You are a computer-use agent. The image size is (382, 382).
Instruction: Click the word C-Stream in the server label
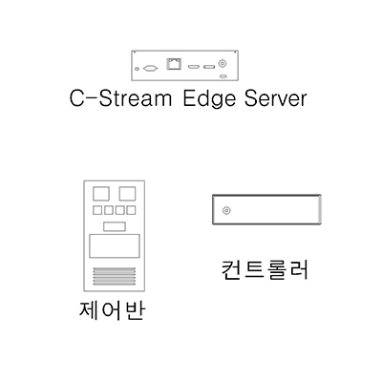click(120, 98)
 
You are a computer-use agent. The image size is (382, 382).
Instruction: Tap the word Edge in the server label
click(209, 99)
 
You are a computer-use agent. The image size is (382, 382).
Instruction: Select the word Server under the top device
click(275, 99)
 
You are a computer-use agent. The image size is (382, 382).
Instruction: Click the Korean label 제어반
click(112, 310)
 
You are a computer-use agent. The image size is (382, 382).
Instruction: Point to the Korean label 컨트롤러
click(265, 270)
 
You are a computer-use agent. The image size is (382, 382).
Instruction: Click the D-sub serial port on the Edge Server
click(151, 68)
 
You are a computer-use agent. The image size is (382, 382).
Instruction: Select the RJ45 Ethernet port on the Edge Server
click(174, 63)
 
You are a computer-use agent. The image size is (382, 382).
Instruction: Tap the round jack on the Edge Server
click(223, 63)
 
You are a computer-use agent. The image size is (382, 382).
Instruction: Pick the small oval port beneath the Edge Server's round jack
click(223, 76)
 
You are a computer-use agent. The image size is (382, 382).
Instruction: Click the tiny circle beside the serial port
click(138, 69)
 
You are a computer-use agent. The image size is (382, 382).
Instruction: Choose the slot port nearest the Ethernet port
click(194, 67)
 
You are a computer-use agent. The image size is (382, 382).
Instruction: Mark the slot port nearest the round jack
click(209, 67)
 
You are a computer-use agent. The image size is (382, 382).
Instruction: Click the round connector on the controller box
click(226, 210)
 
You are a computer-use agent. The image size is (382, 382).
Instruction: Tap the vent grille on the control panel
click(115, 276)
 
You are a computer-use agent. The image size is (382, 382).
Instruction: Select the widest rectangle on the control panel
click(115, 246)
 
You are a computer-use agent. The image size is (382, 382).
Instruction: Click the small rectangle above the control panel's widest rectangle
click(115, 226)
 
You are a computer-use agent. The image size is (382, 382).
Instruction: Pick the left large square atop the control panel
click(101, 194)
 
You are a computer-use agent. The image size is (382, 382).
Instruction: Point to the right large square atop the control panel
click(127, 194)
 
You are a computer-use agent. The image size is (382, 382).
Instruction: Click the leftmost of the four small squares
click(97, 210)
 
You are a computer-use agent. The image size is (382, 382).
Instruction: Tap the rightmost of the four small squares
click(131, 210)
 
